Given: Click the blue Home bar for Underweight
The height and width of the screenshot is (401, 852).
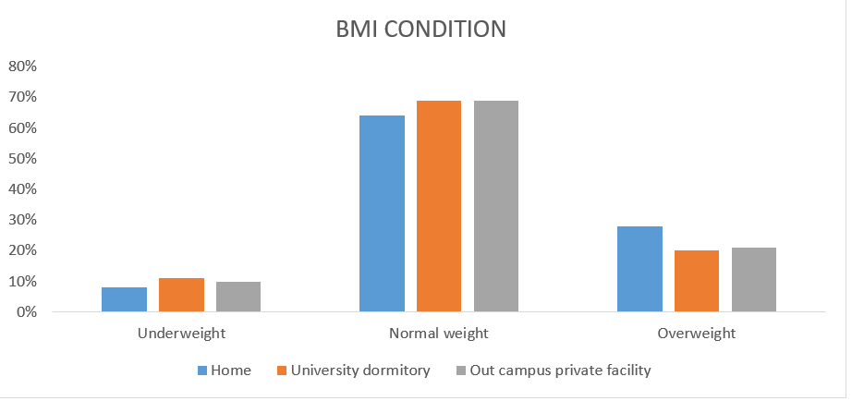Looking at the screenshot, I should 124,299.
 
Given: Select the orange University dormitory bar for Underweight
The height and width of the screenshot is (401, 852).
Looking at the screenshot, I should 181,295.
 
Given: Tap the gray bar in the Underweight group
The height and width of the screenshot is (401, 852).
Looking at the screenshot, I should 238,297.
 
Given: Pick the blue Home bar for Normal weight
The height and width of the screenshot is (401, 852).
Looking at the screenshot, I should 382,213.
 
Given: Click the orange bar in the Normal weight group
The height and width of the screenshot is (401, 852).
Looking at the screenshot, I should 439,206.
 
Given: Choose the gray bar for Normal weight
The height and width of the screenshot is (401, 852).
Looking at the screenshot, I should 496,206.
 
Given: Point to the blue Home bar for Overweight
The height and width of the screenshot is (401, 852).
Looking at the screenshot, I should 639,269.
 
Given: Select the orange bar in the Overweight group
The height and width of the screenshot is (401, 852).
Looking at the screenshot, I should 697,281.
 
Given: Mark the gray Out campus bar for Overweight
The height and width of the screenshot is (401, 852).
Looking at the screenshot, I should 754,280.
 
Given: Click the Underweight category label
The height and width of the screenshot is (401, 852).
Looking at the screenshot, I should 181,333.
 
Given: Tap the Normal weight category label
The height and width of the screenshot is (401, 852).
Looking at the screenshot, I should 439,333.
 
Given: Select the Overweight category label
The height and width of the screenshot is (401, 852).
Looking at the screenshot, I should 697,333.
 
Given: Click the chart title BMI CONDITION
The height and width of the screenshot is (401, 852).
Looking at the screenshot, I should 420,29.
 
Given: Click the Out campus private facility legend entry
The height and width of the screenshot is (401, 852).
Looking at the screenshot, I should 560,371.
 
